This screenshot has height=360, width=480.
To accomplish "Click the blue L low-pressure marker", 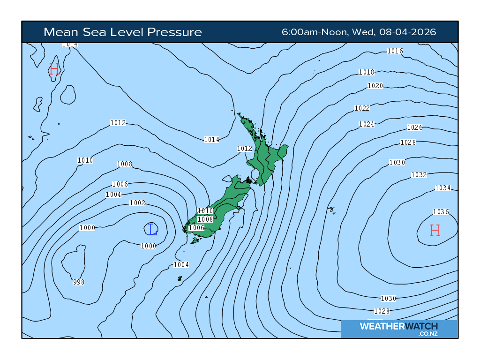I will pyautogui.click(x=151, y=229).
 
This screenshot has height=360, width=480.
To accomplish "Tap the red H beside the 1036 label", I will pyautogui.click(x=435, y=230).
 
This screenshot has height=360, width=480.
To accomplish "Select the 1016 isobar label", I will pyautogui.click(x=395, y=51).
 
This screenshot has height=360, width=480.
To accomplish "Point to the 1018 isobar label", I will pyautogui.click(x=367, y=72).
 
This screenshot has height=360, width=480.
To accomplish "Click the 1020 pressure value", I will pyautogui.click(x=375, y=86).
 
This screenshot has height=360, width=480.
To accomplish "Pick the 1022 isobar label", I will pyautogui.click(x=362, y=108).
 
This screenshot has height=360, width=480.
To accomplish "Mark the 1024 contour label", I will pyautogui.click(x=367, y=124).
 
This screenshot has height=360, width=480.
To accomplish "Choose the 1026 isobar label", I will pyautogui.click(x=415, y=127).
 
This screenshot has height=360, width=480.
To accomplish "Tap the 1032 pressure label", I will pyautogui.click(x=419, y=175).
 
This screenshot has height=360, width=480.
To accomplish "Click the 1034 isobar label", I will pyautogui.click(x=442, y=188).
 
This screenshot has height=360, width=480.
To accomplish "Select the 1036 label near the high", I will pyautogui.click(x=441, y=212).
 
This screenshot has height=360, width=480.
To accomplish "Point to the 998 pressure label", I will pyautogui.click(x=79, y=282).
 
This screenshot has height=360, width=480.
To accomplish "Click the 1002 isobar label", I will pyautogui.click(x=137, y=203).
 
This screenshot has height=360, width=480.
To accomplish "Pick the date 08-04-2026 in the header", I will pyautogui.click(x=408, y=32).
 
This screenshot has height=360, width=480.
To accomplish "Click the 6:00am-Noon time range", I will pyautogui.click(x=314, y=32).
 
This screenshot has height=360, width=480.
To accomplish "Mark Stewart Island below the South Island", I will pyautogui.click(x=195, y=240).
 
